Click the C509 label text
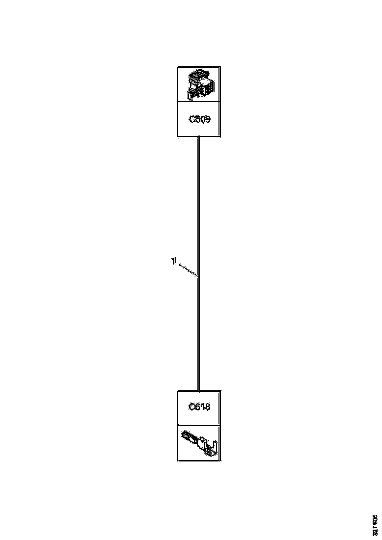pyautogui.click(x=199, y=119)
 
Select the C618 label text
pyautogui.click(x=199, y=407)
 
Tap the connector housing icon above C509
pyautogui.click(x=199, y=84)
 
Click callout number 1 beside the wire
pyautogui.click(x=173, y=262)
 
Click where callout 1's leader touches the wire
pyautogui.click(x=198, y=277)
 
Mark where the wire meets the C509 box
pyautogui.click(x=198, y=137)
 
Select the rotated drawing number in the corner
pyautogui.click(x=375, y=525)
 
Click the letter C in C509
pyautogui.click(x=192, y=119)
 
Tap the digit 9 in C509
pyautogui.click(x=207, y=119)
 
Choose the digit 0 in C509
pyautogui.click(x=202, y=119)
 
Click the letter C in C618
pyautogui.click(x=192, y=407)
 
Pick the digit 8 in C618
pyautogui.click(x=207, y=407)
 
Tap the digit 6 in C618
pyautogui.click(x=197, y=407)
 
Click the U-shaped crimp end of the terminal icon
pyautogui.click(x=213, y=448)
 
